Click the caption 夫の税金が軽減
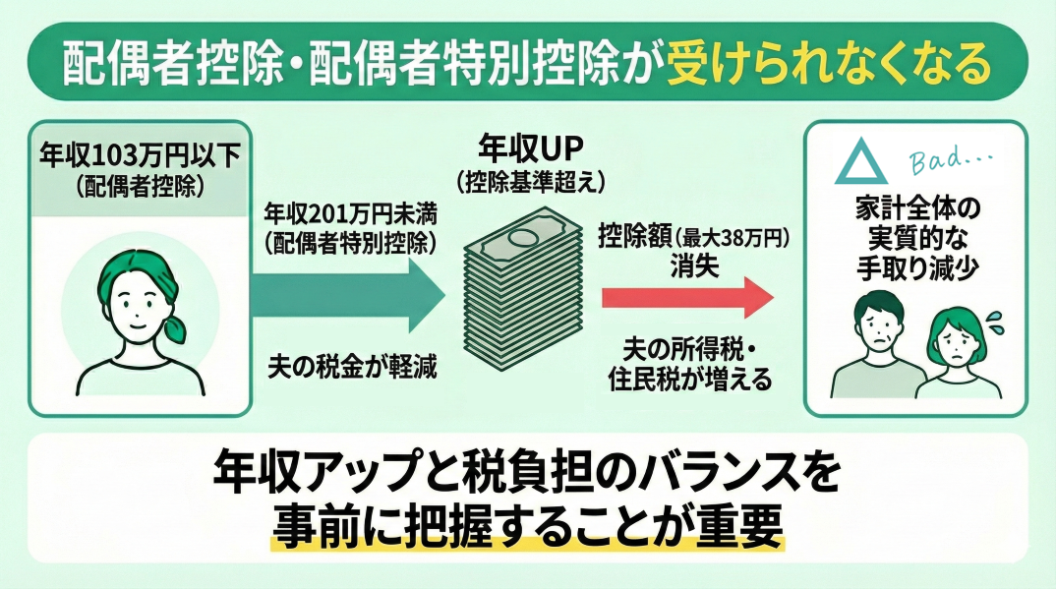point(352,367)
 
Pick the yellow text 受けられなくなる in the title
point(828,65)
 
